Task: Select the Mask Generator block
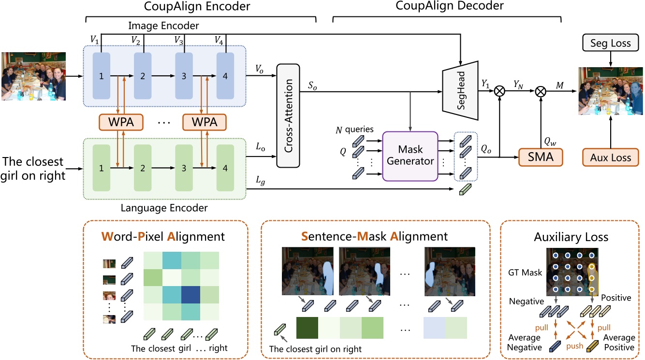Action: pyautogui.click(x=410, y=156)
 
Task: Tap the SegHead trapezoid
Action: pyautogui.click(x=460, y=91)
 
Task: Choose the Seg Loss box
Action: pyautogui.click(x=611, y=43)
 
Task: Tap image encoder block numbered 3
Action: pyautogui.click(x=183, y=76)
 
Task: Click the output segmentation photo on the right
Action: pyautogui.click(x=611, y=91)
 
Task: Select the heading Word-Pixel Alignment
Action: pyautogui.click(x=163, y=237)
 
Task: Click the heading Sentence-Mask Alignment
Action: pyautogui.click(x=375, y=237)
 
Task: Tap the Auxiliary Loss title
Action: pyautogui.click(x=571, y=237)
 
